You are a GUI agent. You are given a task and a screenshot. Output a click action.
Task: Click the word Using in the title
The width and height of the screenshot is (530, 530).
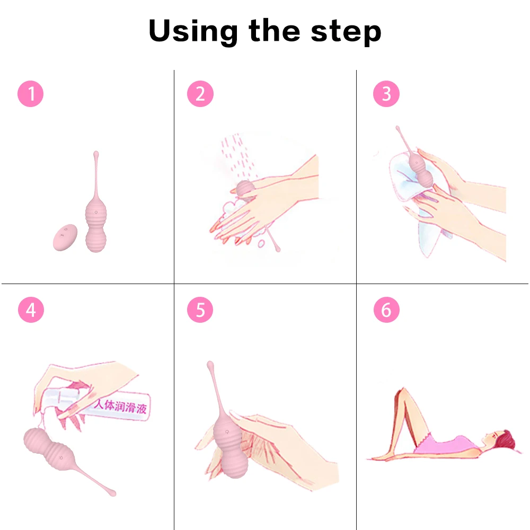[x=193, y=31]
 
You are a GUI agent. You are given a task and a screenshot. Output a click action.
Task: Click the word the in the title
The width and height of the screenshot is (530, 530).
[x=274, y=30]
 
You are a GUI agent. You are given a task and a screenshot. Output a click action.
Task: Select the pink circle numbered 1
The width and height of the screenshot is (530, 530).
[x=30, y=94]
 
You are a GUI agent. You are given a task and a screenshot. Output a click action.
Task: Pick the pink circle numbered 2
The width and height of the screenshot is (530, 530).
[x=200, y=94]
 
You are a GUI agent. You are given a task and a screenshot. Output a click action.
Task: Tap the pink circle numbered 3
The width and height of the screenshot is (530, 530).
[x=386, y=94]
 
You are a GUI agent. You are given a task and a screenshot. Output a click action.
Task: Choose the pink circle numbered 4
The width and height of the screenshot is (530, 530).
[x=31, y=310]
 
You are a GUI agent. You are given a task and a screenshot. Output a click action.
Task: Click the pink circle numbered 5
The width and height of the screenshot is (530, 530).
[x=200, y=310]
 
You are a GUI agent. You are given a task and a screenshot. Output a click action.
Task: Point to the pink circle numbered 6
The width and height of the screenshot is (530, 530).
[x=386, y=310]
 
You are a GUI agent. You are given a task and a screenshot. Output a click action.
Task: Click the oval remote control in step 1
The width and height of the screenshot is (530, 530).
[x=65, y=237]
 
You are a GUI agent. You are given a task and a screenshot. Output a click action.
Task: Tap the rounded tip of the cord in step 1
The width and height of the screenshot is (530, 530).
[x=96, y=154]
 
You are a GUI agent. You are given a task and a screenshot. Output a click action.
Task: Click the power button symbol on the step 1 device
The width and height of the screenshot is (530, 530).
[x=96, y=213]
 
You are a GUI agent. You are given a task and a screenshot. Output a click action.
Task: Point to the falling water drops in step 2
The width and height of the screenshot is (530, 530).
[x=238, y=155]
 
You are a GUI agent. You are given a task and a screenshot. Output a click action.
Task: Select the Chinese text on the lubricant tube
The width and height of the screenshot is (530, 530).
[x=120, y=406]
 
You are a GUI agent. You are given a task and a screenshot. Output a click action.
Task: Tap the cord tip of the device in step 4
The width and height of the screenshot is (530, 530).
[x=112, y=493]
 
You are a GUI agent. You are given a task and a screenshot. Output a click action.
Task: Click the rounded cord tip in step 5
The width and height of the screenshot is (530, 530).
[x=210, y=365]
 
